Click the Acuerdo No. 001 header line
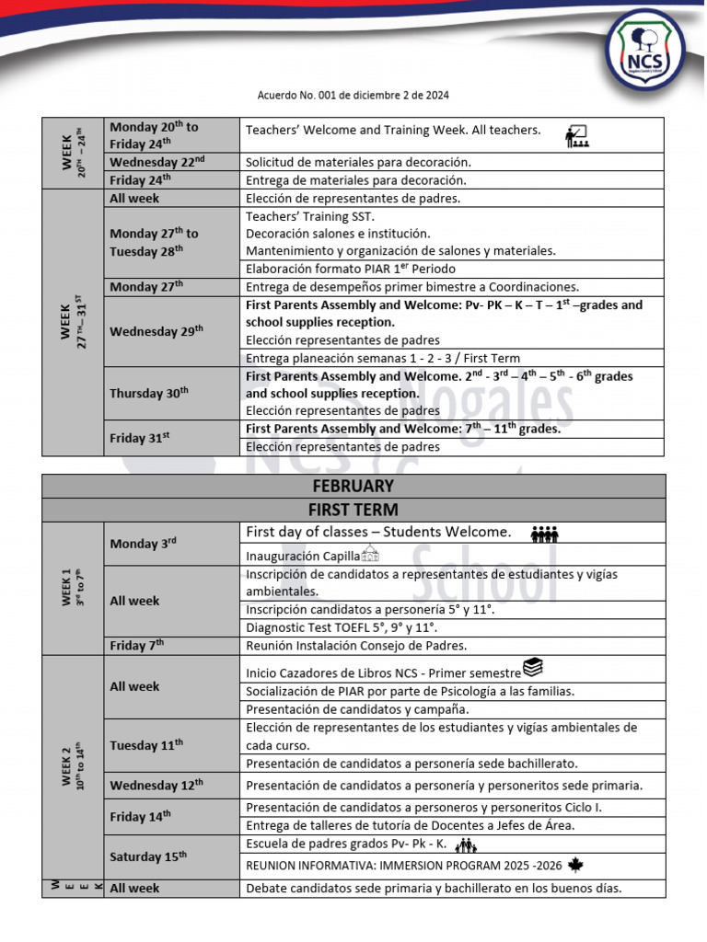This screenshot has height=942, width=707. click(x=353, y=96)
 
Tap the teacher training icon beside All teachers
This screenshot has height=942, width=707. click(x=578, y=136)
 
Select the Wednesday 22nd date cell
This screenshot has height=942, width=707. click(x=171, y=162)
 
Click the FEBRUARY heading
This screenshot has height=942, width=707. click(x=353, y=486)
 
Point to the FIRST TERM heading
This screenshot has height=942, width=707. click(x=353, y=510)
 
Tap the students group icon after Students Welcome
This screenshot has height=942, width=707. click(x=545, y=534)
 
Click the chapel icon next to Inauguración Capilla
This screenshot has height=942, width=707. click(x=370, y=554)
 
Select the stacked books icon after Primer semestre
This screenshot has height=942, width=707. click(x=533, y=667)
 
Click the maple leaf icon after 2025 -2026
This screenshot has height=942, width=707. click(x=576, y=865)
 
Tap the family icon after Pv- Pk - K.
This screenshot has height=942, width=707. click(x=468, y=844)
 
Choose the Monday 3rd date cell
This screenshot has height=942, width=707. click(x=171, y=544)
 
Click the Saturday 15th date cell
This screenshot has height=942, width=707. click(x=171, y=856)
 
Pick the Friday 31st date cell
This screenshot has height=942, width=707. click(x=171, y=439)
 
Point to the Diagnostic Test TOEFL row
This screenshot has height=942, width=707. click(x=451, y=627)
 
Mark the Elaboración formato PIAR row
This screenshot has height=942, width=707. click(x=451, y=269)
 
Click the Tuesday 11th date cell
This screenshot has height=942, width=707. click(x=171, y=746)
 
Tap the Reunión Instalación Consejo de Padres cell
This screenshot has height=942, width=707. click(x=451, y=646)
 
